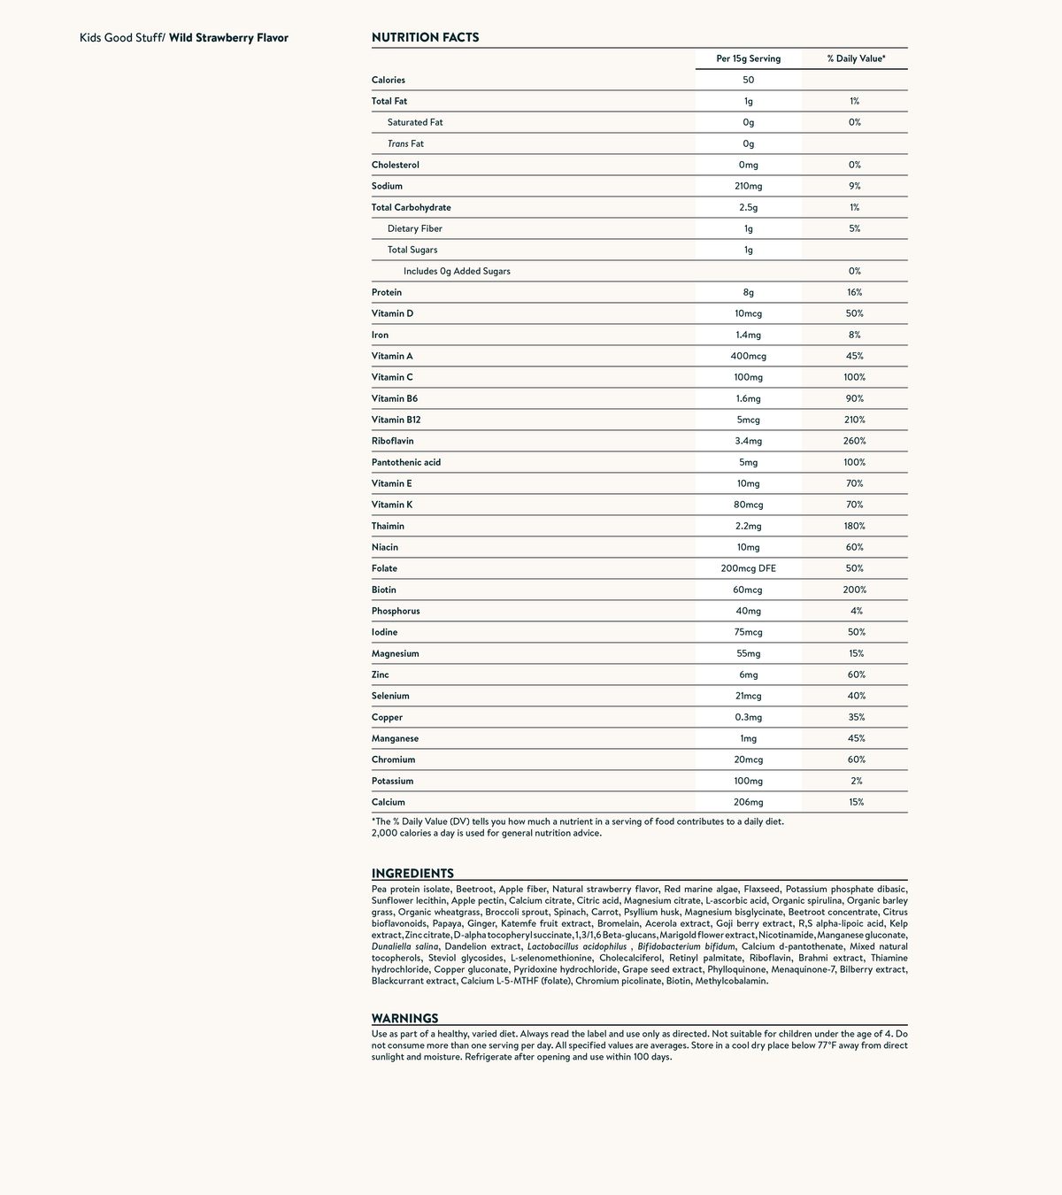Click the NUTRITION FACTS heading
coord(425,37)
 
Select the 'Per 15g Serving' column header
coord(748,58)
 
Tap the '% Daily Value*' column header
coord(855,58)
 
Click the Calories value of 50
coord(748,80)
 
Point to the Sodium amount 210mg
coord(748,186)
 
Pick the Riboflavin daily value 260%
coord(855,441)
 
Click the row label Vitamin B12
coord(395,420)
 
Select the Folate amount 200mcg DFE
coord(748,568)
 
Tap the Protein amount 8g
coord(748,292)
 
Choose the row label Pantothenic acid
coord(406,462)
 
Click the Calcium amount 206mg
coord(748,802)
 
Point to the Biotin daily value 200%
coord(855,590)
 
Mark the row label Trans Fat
coord(405,143)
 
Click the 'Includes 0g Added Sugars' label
coord(457,271)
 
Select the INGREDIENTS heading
coord(412,873)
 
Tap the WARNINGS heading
coord(404,1018)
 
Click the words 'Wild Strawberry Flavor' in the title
coord(228,38)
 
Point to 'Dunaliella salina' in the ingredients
coord(404,946)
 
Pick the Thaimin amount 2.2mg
coord(748,526)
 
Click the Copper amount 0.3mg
coord(748,717)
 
